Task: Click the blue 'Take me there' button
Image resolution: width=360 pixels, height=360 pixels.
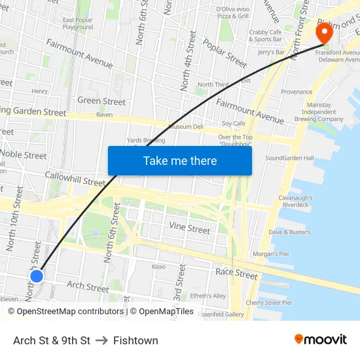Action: pos(179,160)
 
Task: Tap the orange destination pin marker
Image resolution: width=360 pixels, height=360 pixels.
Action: pos(324,33)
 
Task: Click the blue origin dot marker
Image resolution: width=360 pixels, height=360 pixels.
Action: pos(37,276)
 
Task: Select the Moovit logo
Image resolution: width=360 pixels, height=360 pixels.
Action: pos(320,340)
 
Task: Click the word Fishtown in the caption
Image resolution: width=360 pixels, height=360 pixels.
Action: pos(135,340)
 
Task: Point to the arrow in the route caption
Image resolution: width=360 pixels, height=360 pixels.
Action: pos(101,340)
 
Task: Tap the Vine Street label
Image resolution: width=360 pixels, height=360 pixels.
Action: pos(190,228)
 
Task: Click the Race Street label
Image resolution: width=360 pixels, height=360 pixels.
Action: pos(236,273)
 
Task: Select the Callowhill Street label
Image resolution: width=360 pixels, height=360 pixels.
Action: pos(75,178)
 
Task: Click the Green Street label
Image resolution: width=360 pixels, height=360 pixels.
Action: pos(101,101)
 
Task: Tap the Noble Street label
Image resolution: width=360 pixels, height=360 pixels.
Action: pos(24,154)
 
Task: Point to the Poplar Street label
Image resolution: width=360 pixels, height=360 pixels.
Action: pos(225,52)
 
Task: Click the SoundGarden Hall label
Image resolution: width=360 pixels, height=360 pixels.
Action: pos(289,158)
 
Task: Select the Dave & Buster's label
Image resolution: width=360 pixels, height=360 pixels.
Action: pos(289,232)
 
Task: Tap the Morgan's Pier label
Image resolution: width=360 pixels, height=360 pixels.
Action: pos(270,253)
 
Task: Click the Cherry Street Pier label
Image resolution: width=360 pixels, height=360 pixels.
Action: pos(268,302)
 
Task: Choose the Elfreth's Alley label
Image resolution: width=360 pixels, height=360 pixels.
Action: pos(207,296)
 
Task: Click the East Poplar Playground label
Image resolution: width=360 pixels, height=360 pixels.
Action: pos(77,24)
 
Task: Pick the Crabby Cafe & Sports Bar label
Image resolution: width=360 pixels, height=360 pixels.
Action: pos(265,35)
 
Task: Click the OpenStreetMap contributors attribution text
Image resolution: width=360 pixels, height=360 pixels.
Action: pos(65,312)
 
